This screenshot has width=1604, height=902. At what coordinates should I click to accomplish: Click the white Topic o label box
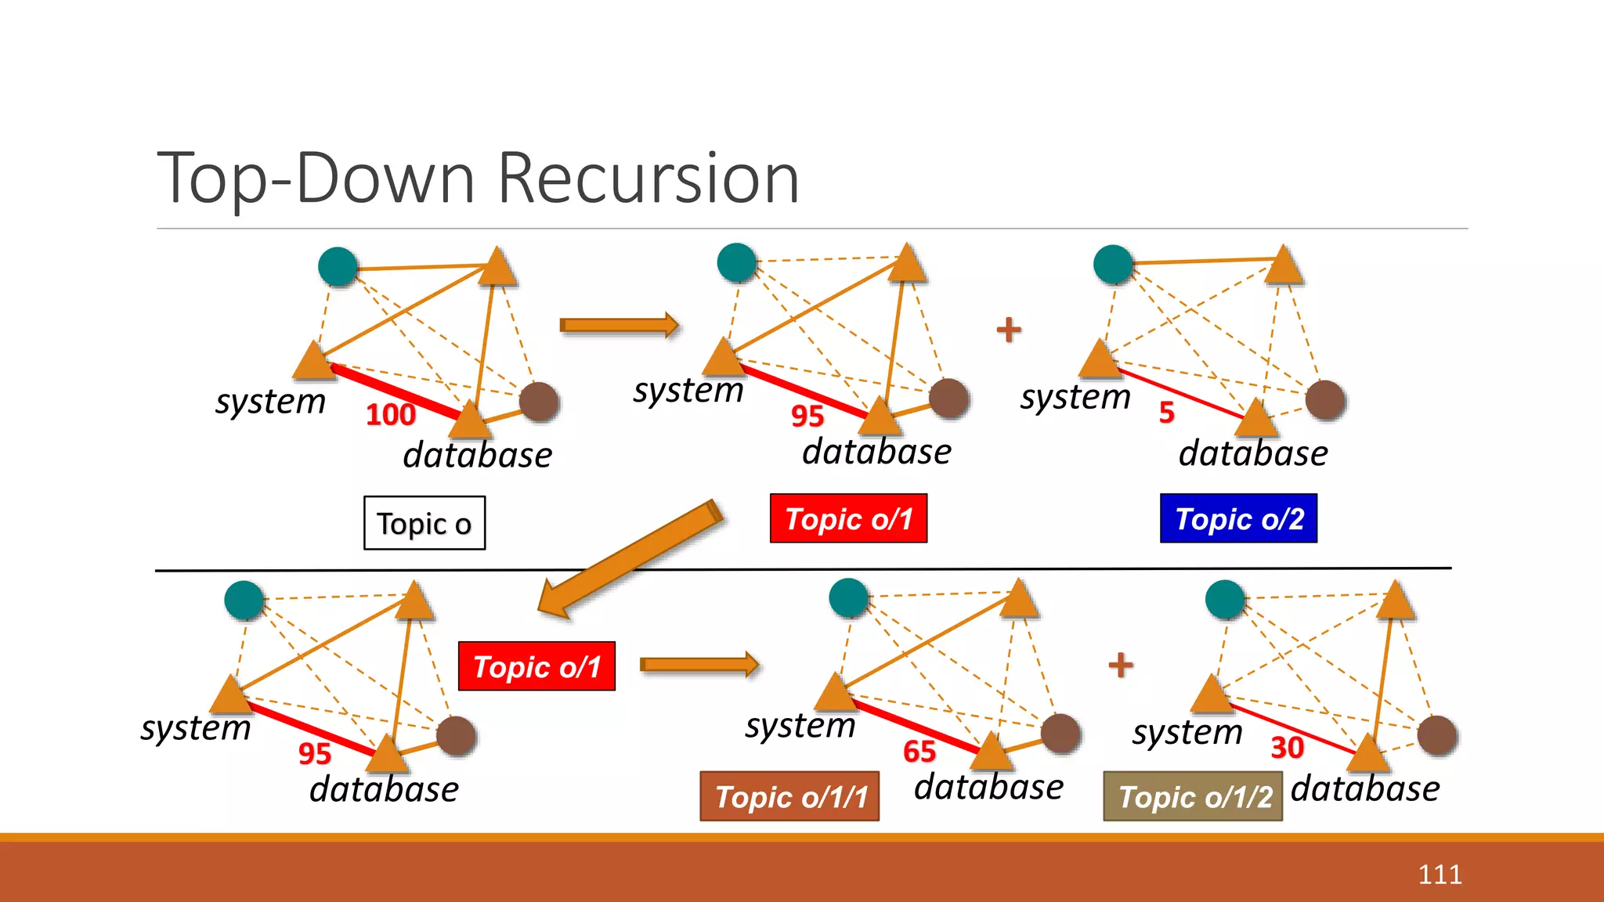tap(424, 523)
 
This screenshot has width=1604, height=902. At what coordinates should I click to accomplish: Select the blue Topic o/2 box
tap(1238, 518)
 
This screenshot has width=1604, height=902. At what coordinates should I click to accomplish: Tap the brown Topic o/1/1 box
tap(789, 796)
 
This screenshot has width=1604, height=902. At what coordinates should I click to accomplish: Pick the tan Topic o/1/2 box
tap(1192, 796)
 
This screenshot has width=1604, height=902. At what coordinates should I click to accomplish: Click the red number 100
tap(390, 414)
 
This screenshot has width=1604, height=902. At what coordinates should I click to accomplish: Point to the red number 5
tap(1166, 412)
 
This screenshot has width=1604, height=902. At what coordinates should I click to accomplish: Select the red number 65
tap(919, 752)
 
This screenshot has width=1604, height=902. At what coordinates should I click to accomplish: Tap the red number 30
tap(1286, 748)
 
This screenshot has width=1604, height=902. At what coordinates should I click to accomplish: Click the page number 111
tap(1440, 874)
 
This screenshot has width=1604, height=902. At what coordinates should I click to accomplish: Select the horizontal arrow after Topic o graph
tap(618, 325)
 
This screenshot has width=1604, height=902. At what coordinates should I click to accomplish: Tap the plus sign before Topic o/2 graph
tap(1009, 330)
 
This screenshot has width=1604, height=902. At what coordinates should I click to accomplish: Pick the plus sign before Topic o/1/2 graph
tap(1121, 666)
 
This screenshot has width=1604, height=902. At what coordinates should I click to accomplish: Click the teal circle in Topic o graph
tap(338, 266)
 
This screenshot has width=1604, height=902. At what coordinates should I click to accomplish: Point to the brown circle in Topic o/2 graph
tap(1325, 400)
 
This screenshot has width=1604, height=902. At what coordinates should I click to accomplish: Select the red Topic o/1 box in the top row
tap(848, 518)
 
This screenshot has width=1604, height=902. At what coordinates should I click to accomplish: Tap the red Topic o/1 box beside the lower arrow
tap(536, 666)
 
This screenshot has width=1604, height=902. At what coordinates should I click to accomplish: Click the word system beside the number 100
tap(270, 402)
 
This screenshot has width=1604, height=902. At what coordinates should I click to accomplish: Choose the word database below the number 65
tap(988, 786)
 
